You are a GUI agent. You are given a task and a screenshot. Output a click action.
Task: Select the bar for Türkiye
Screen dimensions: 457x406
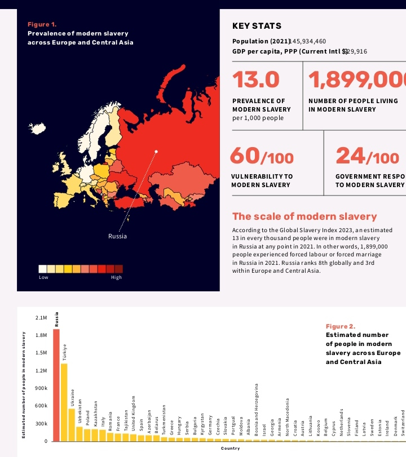pos(64,402)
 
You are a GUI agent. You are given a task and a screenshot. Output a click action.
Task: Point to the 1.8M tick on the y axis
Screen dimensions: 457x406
pos(41,335)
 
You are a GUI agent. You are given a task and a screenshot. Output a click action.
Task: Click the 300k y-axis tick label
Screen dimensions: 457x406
pos(41,423)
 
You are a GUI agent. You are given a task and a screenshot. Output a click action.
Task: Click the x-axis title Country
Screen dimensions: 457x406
pos(230,449)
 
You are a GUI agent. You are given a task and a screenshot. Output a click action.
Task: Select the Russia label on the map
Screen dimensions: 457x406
pos(117,236)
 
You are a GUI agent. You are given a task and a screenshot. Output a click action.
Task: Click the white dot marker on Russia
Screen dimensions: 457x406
pos(156,152)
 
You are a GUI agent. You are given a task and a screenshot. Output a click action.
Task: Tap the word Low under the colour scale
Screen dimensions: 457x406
pos(43,277)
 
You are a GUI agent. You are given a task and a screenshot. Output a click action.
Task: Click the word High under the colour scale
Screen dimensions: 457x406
pos(116,277)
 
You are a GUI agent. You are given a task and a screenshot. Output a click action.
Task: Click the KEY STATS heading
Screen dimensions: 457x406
pos(257,26)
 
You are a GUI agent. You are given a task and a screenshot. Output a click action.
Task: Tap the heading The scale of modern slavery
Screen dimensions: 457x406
pos(304,216)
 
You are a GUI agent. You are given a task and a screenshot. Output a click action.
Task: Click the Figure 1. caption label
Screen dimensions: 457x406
pos(42,24)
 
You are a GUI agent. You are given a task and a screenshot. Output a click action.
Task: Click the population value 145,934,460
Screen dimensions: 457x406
pos(308,41)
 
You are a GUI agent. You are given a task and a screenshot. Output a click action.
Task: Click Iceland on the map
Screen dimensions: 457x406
pos(38,129)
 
